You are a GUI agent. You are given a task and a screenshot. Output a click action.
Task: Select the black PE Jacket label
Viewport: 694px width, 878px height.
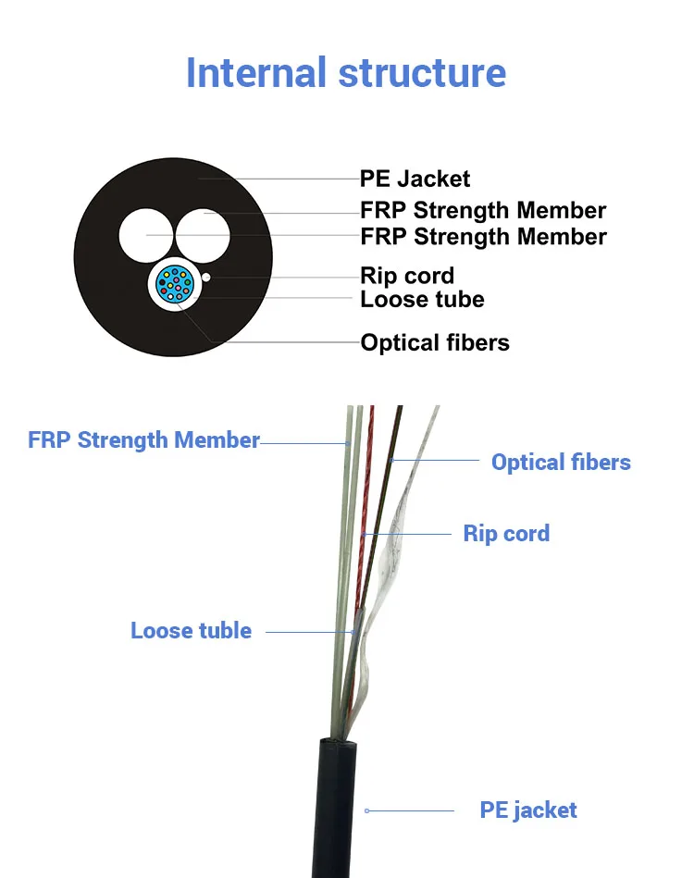(415, 179)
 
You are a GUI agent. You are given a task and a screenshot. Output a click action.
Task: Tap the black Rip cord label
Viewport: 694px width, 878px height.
(407, 276)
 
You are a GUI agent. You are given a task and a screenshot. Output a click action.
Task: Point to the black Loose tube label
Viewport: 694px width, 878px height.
(422, 299)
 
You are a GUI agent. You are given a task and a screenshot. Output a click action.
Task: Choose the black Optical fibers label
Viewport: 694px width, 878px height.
(435, 343)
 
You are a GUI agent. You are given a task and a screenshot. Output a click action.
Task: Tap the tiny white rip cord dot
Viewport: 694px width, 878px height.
(207, 277)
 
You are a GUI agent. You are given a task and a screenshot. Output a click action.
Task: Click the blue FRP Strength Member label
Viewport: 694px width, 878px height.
(143, 439)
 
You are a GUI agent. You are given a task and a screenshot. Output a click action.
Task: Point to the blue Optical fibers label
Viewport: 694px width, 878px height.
(561, 463)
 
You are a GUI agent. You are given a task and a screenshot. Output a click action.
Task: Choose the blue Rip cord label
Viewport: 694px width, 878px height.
(506, 534)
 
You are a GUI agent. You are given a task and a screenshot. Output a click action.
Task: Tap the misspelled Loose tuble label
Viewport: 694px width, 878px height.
(191, 631)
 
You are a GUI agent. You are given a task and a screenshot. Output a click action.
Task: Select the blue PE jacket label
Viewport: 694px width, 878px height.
(527, 810)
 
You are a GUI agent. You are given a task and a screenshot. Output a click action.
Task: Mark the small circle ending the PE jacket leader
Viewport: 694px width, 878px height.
(366, 810)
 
